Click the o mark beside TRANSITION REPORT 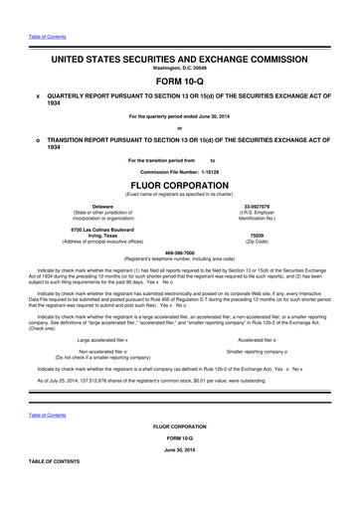(x=37, y=141)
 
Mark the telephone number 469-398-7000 (x=179, y=252)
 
